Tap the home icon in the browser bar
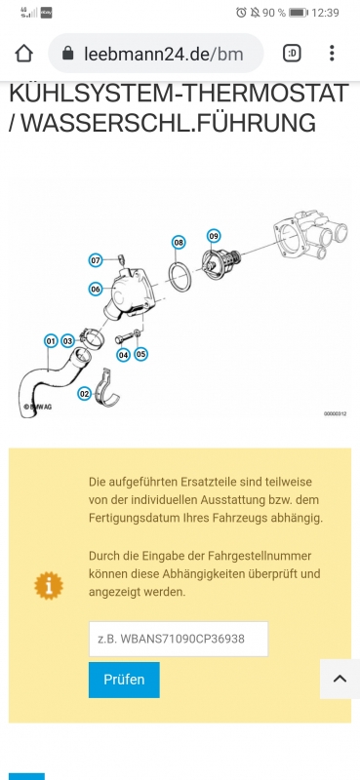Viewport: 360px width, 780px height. pos(23,54)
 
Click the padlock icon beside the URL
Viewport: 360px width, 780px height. pos(68,54)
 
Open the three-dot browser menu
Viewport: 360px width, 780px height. pos(332,54)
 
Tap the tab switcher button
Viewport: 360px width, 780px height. pos(293,54)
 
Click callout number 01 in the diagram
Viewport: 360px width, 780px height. pos(51,341)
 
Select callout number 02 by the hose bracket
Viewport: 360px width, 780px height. pos(85,394)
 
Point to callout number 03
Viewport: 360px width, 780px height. pos(67,341)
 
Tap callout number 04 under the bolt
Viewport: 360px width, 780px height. pos(123,355)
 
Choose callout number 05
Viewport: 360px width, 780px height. pos(140,354)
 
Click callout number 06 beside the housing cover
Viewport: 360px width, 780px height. pos(96,289)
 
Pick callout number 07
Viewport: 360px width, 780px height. pos(96,260)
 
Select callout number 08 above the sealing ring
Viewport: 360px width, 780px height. pos(179,243)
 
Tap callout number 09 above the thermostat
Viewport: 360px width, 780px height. pos(214,235)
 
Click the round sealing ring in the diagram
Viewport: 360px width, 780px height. pos(170,276)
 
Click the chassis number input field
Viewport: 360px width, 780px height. pos(179,639)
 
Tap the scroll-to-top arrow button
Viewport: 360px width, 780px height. pos(340,679)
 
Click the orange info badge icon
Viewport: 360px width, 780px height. pos(49,586)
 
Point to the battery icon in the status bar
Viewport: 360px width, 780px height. pos(299,13)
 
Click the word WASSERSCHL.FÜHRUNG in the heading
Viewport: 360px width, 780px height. pos(169,123)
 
